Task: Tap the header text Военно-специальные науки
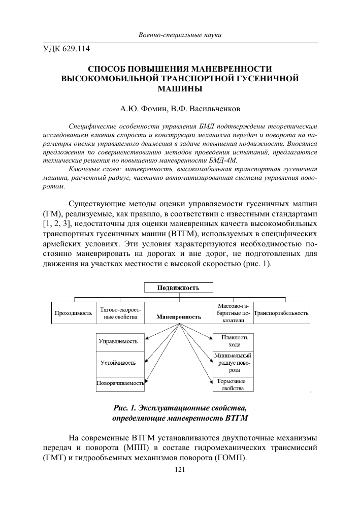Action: pos(180,35)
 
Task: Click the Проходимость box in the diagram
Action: pos(74,313)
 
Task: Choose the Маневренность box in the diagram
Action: pos(179,316)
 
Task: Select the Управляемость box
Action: pos(118,341)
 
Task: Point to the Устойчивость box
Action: pos(118,363)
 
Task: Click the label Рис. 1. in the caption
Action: pos(125,408)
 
